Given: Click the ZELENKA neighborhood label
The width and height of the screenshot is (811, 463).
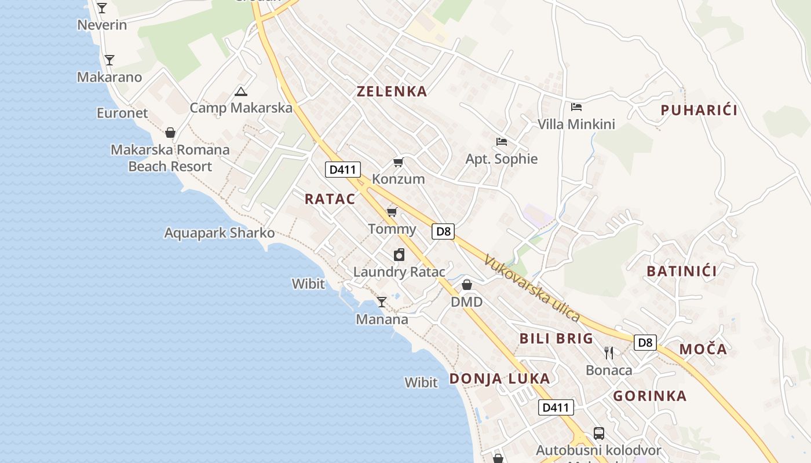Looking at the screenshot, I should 392,91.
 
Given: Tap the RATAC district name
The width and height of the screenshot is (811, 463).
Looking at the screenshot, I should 330,199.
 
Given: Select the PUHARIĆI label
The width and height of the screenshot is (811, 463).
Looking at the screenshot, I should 699,110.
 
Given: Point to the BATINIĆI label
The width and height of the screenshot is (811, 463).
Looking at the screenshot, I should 682,271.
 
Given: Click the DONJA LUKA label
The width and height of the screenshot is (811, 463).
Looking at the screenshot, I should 499,379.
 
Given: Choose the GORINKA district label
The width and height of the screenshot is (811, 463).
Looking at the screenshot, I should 650,396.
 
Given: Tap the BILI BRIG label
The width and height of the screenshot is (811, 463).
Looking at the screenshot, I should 556,339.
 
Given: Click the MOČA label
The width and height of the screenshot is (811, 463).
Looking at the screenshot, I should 703,349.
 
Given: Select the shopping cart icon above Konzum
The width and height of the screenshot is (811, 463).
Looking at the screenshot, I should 398,162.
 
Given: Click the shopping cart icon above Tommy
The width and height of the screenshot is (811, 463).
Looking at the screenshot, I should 392,212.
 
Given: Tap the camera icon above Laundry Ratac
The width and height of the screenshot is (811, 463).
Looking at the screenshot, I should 399,255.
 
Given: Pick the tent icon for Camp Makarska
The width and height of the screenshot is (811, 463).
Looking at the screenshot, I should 240,91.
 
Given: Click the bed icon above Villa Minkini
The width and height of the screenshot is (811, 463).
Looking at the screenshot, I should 576,106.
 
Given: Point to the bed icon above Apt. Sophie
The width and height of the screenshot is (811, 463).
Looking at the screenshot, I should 502,141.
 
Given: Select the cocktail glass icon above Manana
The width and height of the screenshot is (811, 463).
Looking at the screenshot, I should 381,302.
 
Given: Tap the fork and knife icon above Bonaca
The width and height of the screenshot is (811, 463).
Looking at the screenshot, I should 609,352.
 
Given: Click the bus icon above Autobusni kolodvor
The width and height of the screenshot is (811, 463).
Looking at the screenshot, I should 598,433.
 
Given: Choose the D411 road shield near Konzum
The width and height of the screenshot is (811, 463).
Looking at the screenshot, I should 343,170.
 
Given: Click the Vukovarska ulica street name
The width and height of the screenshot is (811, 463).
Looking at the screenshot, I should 532,288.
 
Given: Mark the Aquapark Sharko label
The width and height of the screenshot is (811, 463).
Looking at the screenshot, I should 220,233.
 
